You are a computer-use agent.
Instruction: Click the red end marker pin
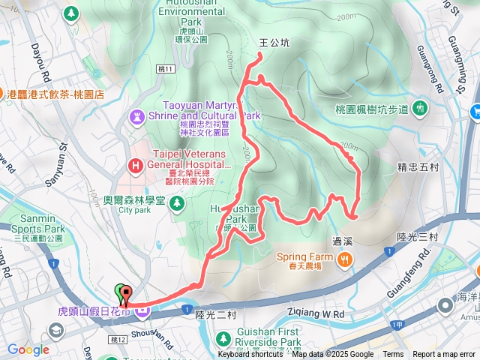tap(125, 295)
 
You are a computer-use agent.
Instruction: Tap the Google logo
tap(28, 349)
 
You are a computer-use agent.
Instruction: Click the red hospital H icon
tap(136, 165)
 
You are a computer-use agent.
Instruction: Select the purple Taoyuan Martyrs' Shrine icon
tap(136, 117)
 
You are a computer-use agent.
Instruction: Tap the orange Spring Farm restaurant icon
tap(345, 259)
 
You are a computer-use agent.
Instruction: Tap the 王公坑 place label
tap(274, 43)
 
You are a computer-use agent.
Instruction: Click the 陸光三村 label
tap(417, 237)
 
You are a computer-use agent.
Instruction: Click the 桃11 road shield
tap(166, 69)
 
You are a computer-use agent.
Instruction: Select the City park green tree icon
tap(176, 202)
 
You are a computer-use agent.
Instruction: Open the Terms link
tap(393, 355)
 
